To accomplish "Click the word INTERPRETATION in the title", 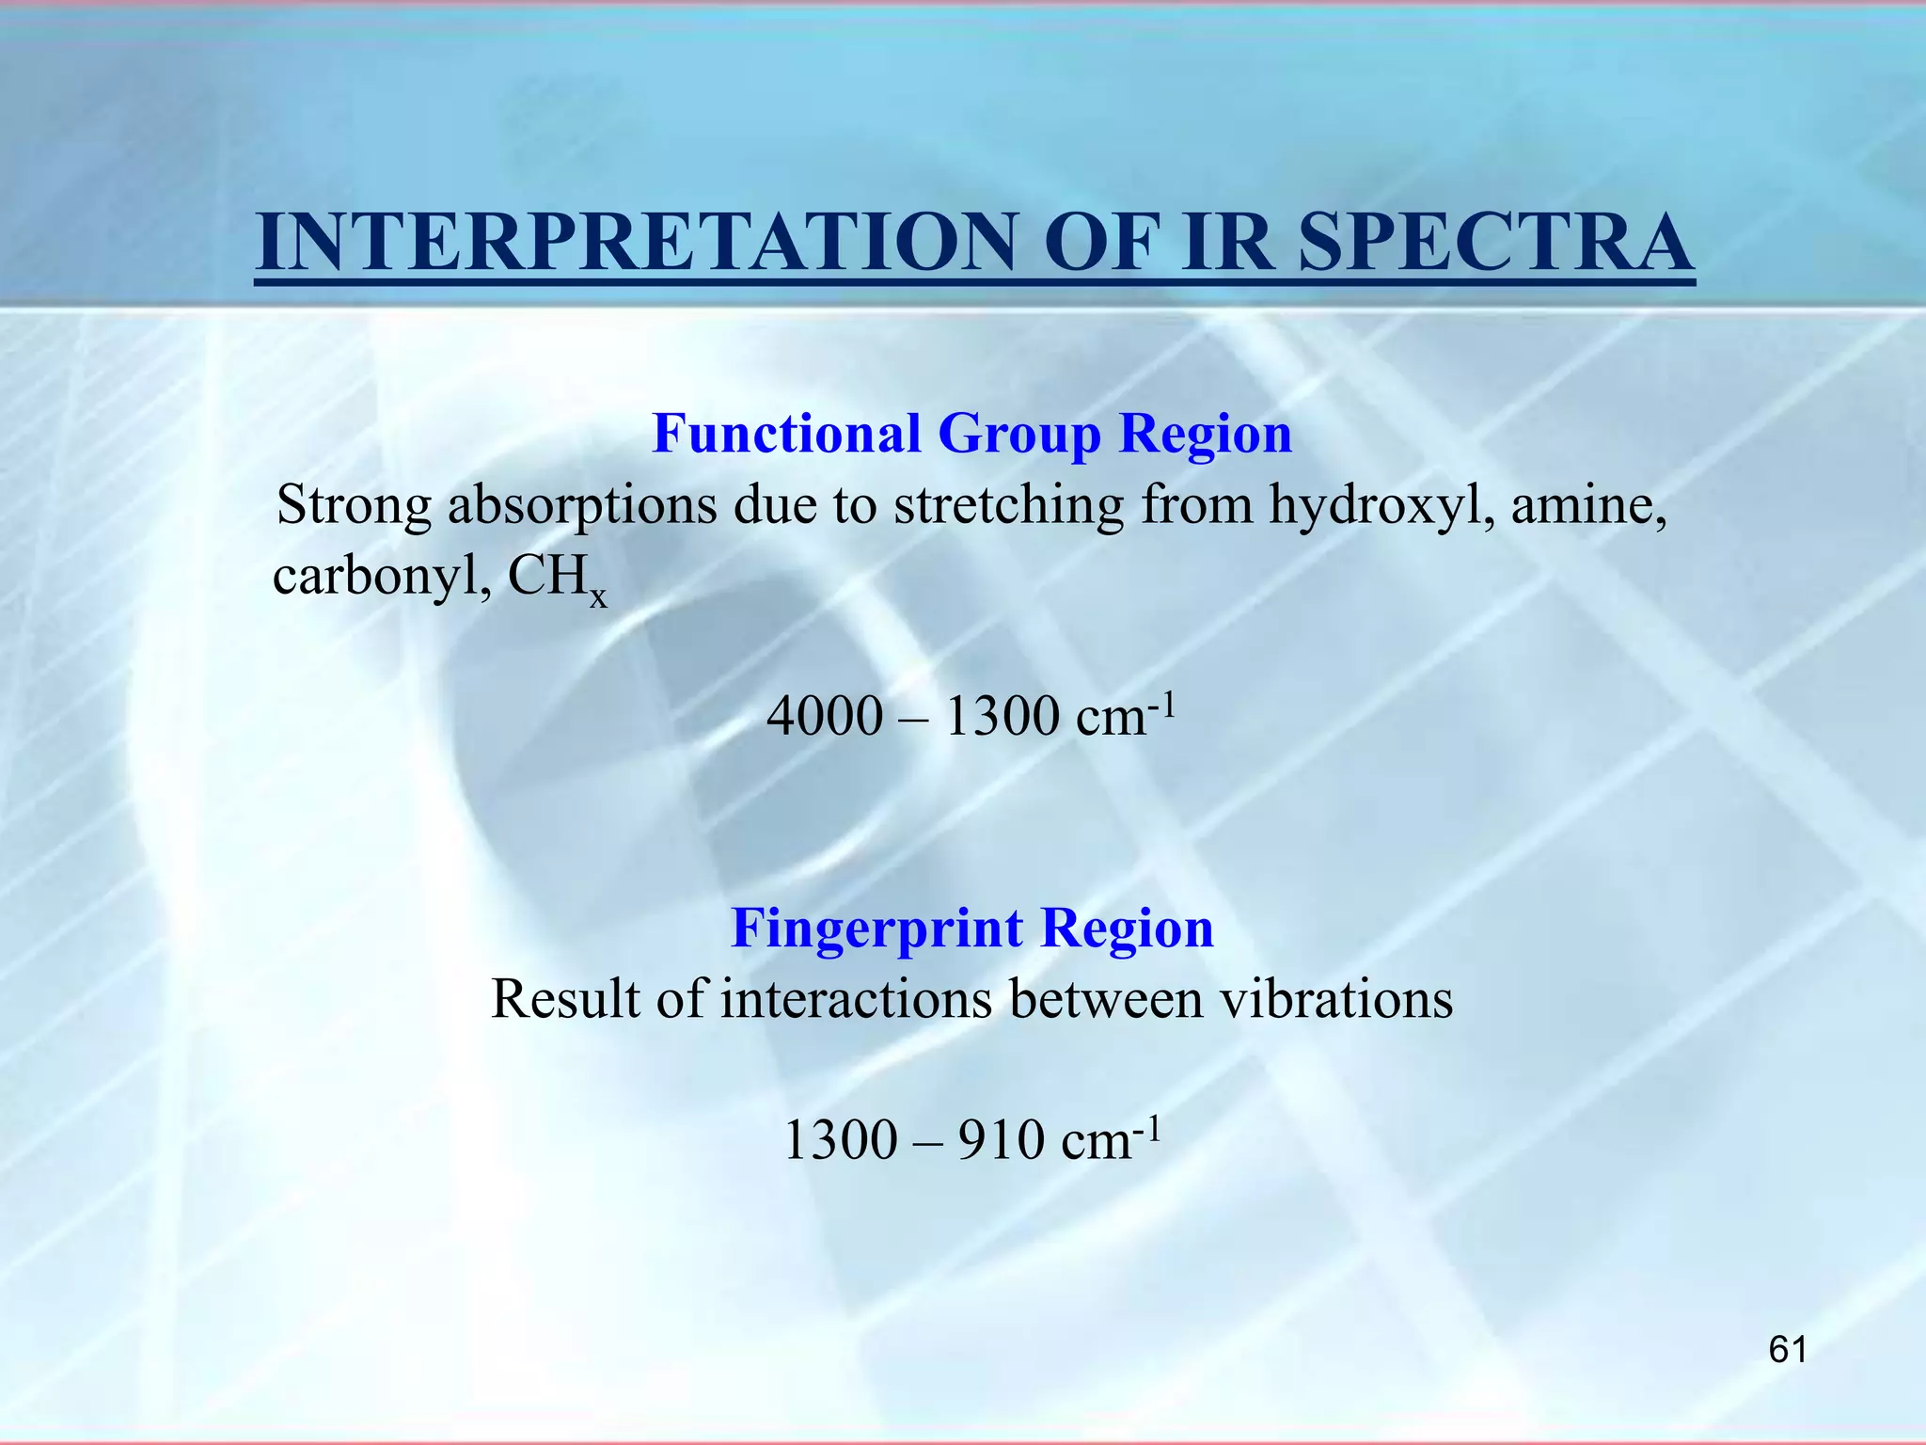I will click(x=636, y=243).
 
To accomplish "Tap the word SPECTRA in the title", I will click(x=1495, y=243).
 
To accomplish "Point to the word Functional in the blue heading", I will click(x=786, y=434).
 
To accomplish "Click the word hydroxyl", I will click(x=1381, y=506).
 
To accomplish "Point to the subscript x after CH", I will click(x=598, y=595).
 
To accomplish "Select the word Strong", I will click(x=354, y=506).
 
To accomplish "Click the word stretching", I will click(x=1008, y=506).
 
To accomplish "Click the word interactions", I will click(x=856, y=999).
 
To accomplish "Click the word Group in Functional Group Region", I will click(x=1018, y=434).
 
